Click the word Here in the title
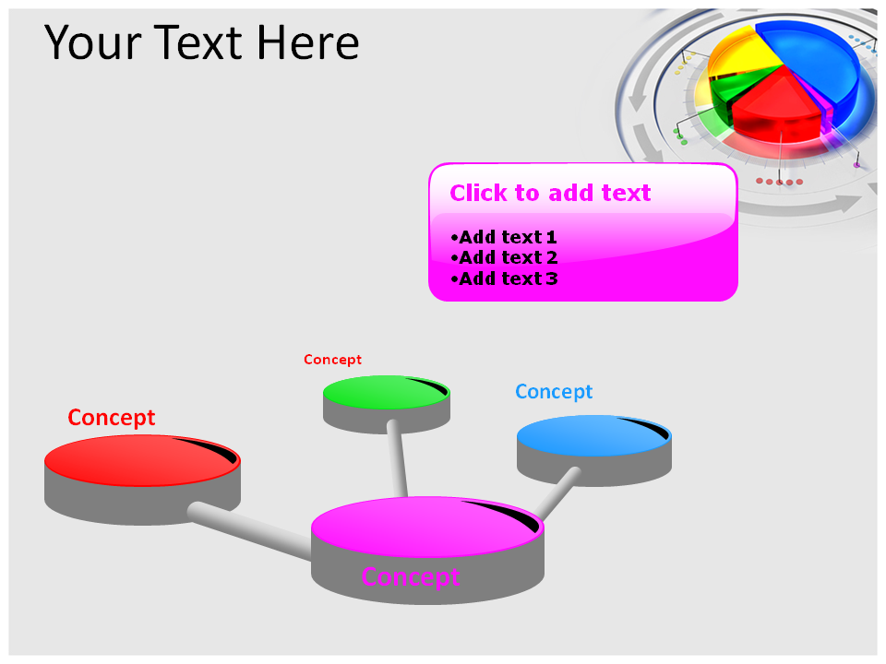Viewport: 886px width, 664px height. [308, 42]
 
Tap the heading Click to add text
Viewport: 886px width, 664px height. [550, 193]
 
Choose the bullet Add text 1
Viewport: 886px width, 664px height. [504, 237]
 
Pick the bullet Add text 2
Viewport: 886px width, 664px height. [504, 258]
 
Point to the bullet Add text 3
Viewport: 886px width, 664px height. [504, 279]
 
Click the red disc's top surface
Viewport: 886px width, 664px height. [142, 460]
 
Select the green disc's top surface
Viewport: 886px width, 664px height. [387, 393]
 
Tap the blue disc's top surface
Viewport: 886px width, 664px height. [593, 435]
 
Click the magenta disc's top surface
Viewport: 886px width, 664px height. [427, 527]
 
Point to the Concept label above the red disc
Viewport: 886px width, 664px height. [112, 419]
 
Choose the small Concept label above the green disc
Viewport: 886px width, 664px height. [332, 360]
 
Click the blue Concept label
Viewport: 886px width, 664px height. [554, 392]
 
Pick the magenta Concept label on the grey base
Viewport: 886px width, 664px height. [410, 577]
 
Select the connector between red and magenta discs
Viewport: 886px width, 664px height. [250, 530]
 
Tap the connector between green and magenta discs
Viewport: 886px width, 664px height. [398, 458]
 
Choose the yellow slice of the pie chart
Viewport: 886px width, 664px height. [737, 53]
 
